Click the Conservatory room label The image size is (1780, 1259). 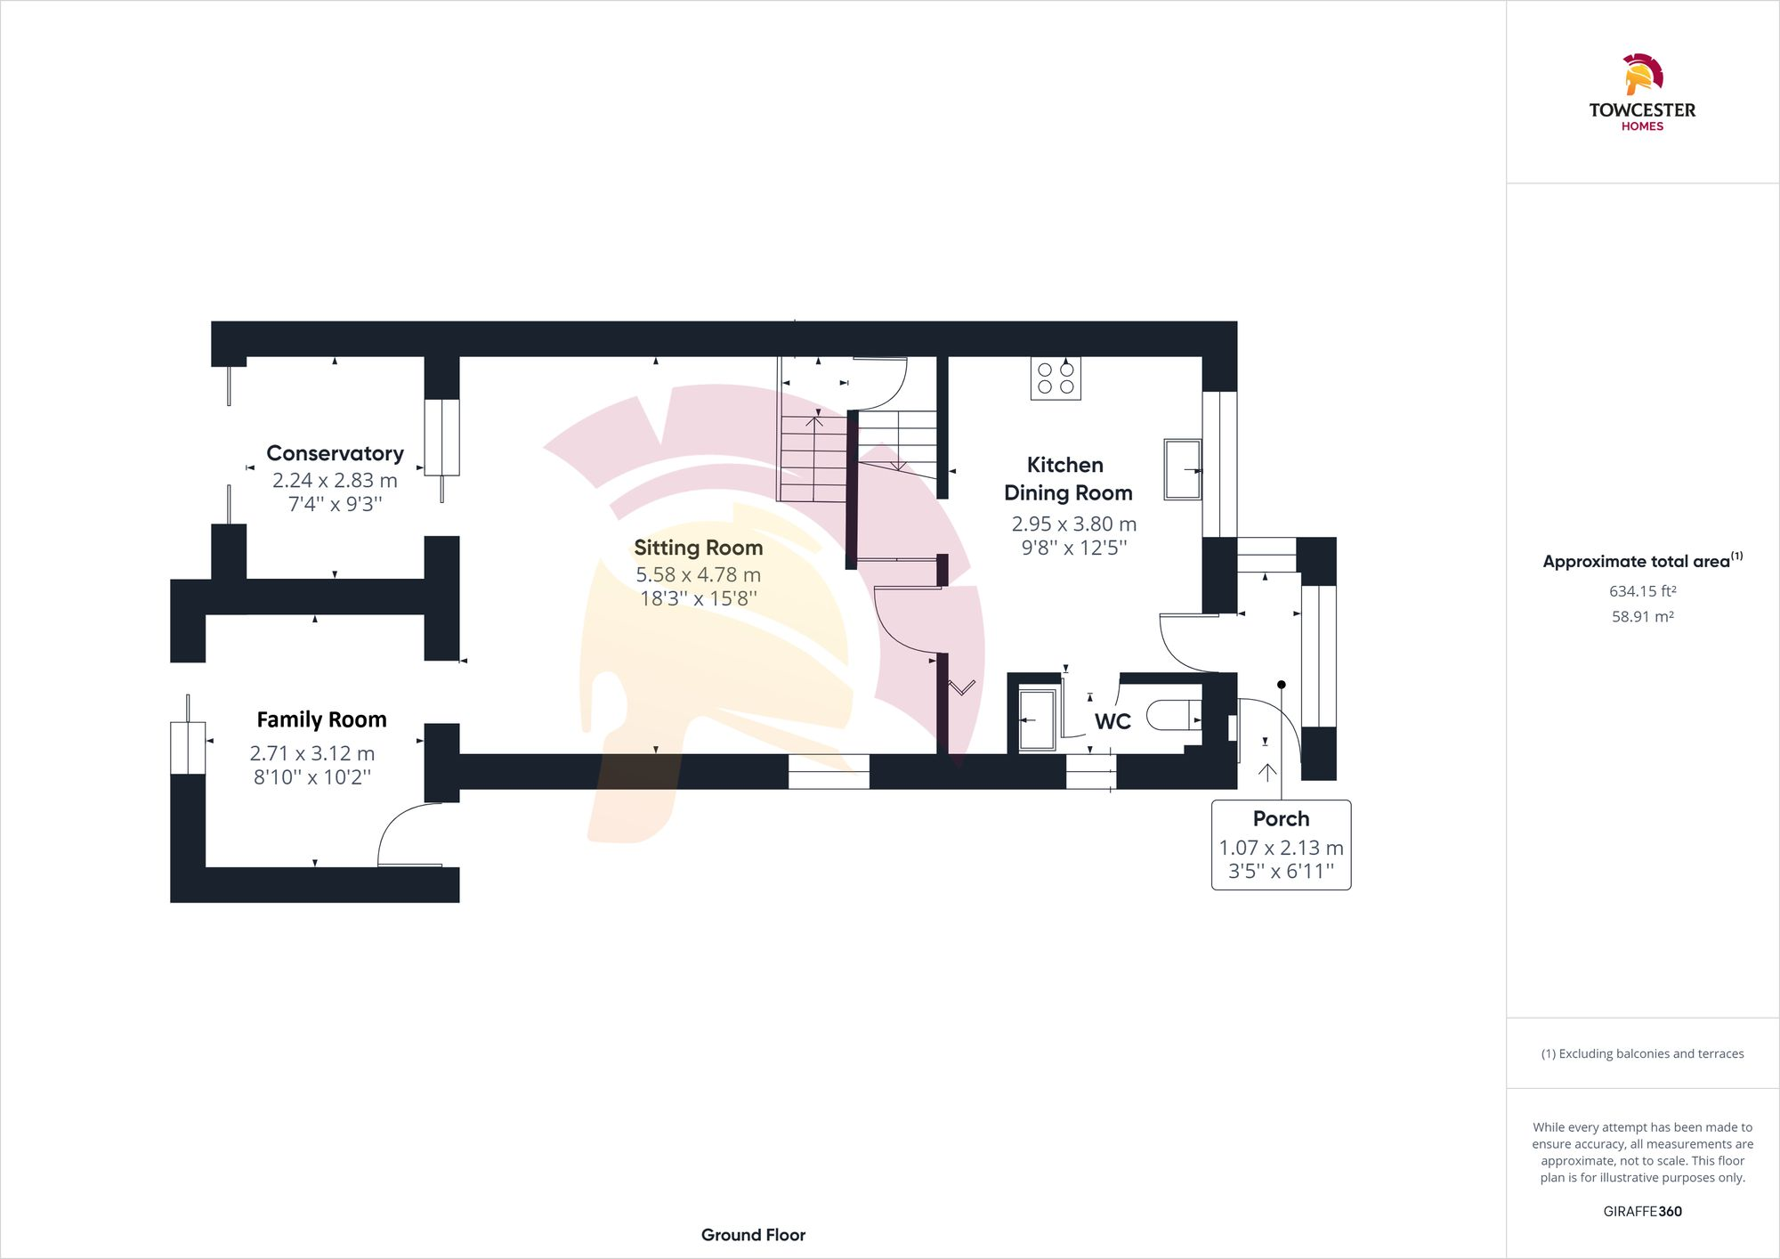click(x=335, y=453)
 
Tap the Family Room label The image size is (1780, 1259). click(x=321, y=719)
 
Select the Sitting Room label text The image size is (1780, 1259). click(x=698, y=548)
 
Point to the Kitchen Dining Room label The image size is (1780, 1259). click(x=1067, y=478)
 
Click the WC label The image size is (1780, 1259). click(x=1112, y=721)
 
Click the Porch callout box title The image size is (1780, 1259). click(x=1281, y=818)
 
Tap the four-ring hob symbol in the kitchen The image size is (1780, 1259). click(x=1056, y=378)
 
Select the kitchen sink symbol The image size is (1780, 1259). click(x=1182, y=469)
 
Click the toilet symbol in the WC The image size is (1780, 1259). click(x=1172, y=715)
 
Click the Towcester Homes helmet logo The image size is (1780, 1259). click(x=1642, y=75)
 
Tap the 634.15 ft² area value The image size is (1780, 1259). click(x=1642, y=591)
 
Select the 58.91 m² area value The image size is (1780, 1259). click(x=1642, y=616)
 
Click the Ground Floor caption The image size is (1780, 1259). click(x=753, y=1235)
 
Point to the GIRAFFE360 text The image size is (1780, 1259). click(x=1642, y=1211)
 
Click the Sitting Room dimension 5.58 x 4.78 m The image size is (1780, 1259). click(x=698, y=575)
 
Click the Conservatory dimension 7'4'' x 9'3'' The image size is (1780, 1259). click(x=335, y=504)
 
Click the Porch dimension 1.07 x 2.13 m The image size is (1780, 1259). click(x=1281, y=848)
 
